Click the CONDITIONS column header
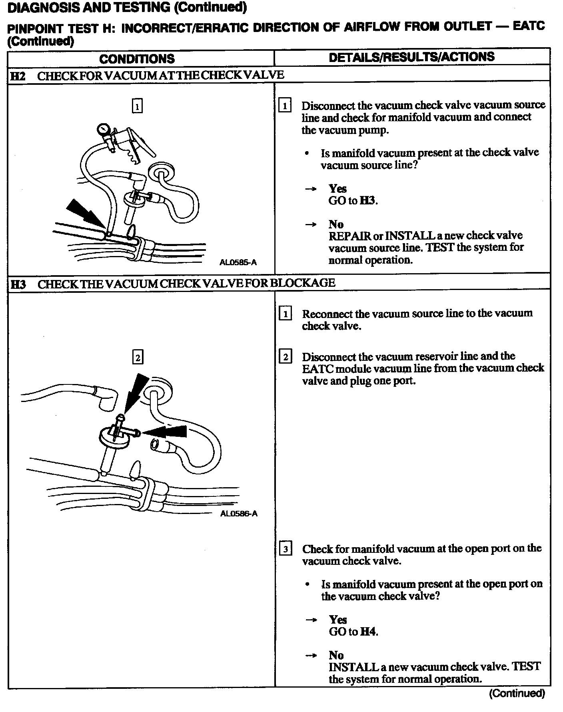(x=137, y=59)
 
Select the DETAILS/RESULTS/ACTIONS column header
(x=411, y=57)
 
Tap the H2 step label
(x=18, y=76)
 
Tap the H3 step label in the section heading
(x=18, y=284)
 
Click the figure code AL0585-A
(x=238, y=262)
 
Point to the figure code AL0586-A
(x=239, y=513)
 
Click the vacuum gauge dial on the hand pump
(x=103, y=129)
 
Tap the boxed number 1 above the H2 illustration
(x=137, y=106)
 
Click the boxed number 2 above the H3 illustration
(x=138, y=357)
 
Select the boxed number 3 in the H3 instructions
(x=285, y=549)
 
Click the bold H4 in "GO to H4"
(x=369, y=632)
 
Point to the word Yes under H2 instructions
(x=337, y=188)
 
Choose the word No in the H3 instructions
(x=336, y=655)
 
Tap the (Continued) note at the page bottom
(x=517, y=693)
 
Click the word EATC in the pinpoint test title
(x=528, y=26)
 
